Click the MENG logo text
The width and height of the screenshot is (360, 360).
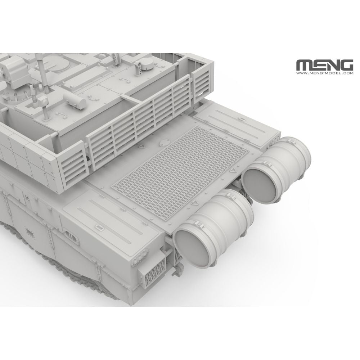coord(324,66)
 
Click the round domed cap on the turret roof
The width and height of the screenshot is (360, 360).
coord(146,63)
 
